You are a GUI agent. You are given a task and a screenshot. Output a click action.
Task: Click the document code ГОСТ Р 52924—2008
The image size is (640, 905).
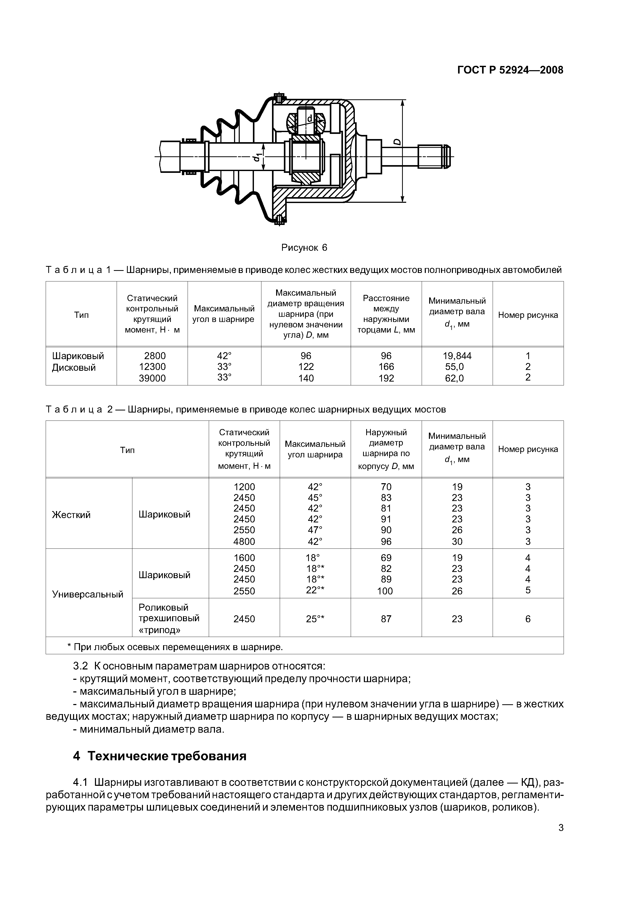coord(510,70)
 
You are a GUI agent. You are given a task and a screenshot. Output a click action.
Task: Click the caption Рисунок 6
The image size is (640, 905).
coord(304,248)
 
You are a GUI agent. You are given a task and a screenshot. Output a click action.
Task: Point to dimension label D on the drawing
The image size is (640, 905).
coord(397,142)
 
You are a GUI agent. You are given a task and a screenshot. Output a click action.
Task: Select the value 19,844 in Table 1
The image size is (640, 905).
coord(457,356)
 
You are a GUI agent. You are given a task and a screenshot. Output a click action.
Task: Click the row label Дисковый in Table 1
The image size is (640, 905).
coord(74,367)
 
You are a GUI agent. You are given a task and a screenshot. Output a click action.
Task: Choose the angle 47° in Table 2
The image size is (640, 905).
coord(315,529)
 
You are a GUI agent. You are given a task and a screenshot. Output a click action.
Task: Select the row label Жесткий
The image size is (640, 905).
coord(71,514)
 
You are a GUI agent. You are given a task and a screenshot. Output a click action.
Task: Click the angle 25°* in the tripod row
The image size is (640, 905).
coord(315,619)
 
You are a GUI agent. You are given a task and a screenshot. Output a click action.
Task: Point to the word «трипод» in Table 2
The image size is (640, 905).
coord(159,630)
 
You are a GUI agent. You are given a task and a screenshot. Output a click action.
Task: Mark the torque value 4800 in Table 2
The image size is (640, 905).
coord(244,541)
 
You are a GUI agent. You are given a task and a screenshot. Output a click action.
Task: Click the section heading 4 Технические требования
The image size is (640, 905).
coord(160,756)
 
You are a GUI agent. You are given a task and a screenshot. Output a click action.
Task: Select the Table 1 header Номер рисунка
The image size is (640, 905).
coord(528,315)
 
